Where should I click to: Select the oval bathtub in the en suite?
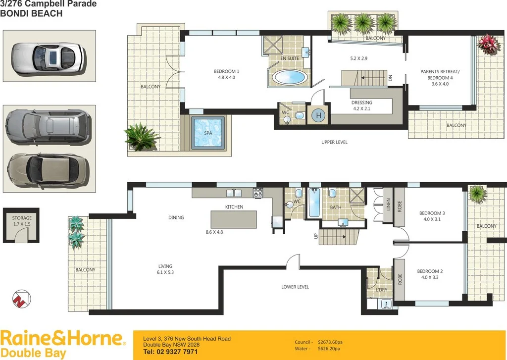[290, 78]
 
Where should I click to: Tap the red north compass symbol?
[21, 298]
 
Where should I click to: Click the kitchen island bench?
[234, 219]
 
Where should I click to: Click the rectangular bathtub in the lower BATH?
[314, 203]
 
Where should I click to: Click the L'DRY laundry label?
[381, 289]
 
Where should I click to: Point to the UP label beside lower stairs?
[315, 236]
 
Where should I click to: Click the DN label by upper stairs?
[391, 78]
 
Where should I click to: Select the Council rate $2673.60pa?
[332, 342]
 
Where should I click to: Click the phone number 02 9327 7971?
[170, 352]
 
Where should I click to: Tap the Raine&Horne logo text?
[61, 339]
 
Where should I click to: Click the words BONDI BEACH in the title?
[31, 14]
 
